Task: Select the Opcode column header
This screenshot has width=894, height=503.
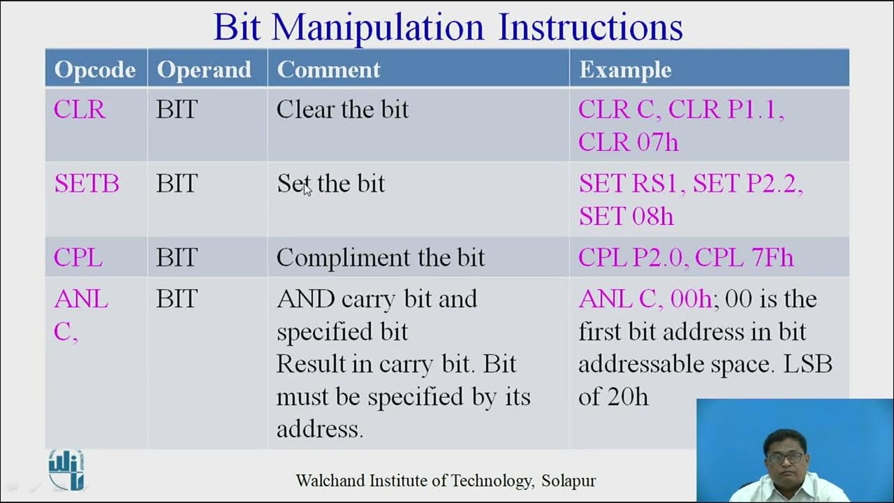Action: [x=95, y=69]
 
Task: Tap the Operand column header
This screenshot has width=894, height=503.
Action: [x=204, y=69]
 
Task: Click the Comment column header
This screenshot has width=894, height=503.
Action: [x=328, y=69]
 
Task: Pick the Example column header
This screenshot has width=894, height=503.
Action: [x=625, y=69]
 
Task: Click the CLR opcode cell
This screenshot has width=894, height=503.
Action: [x=80, y=110]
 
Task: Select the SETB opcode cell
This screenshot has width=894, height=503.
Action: [x=87, y=184]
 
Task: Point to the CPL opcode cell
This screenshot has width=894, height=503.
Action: [x=78, y=258]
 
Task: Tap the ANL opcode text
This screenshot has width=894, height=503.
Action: [x=81, y=299]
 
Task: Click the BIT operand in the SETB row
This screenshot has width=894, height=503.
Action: [x=177, y=184]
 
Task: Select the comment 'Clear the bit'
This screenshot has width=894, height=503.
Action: [x=342, y=110]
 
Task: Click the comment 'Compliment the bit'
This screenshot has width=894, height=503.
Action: [x=380, y=258]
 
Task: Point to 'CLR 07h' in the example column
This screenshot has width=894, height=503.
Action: [x=628, y=143]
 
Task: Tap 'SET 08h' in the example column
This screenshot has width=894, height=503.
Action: [x=626, y=217]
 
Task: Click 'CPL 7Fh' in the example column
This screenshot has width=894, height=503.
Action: [x=745, y=258]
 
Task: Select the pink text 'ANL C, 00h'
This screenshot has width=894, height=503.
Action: [x=644, y=299]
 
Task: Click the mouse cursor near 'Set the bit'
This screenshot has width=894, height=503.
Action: [x=307, y=190]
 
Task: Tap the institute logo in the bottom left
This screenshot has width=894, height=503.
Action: [x=66, y=469]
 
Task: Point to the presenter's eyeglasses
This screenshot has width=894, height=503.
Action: [x=784, y=459]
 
